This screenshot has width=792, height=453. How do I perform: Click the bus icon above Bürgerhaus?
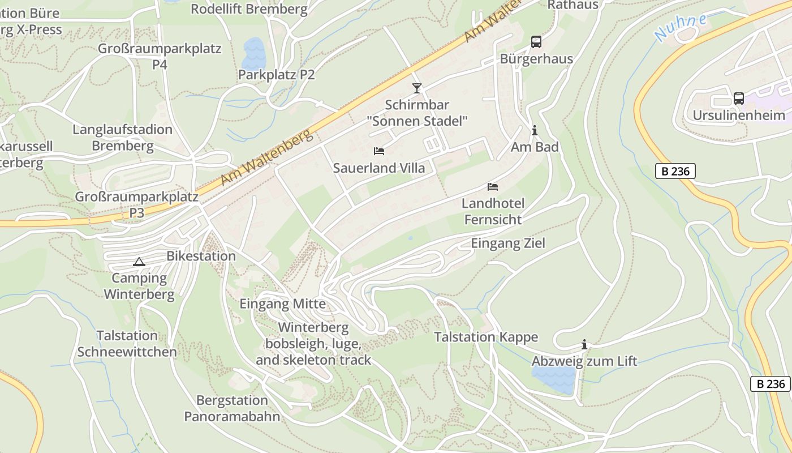pyautogui.click(x=536, y=42)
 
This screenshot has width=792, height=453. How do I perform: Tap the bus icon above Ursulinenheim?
pyautogui.click(x=739, y=98)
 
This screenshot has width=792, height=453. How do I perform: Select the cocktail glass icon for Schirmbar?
pyautogui.click(x=417, y=88)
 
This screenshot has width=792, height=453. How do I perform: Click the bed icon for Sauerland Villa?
pyautogui.click(x=379, y=151)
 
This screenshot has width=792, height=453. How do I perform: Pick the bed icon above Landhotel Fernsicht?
pyautogui.click(x=493, y=186)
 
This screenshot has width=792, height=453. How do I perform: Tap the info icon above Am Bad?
pyautogui.click(x=534, y=131)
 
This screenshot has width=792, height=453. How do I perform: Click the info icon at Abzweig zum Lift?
pyautogui.click(x=584, y=344)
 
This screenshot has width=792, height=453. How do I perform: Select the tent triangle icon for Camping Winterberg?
pyautogui.click(x=139, y=262)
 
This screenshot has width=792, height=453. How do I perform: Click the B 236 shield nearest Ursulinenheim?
pyautogui.click(x=675, y=171)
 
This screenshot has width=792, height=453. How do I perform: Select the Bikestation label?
pyautogui.click(x=201, y=256)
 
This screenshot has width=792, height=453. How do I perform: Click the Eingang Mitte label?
pyautogui.click(x=282, y=304)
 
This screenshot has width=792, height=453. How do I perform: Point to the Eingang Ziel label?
pyautogui.click(x=508, y=243)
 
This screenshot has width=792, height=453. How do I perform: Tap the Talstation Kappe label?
pyautogui.click(x=485, y=337)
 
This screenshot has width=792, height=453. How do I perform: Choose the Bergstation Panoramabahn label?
pyautogui.click(x=232, y=408)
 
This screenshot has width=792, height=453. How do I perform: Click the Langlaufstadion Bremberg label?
pyautogui.click(x=123, y=138)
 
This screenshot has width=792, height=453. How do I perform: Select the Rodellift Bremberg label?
pyautogui.click(x=249, y=9)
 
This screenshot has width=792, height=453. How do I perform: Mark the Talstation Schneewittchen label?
pyautogui.click(x=127, y=344)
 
